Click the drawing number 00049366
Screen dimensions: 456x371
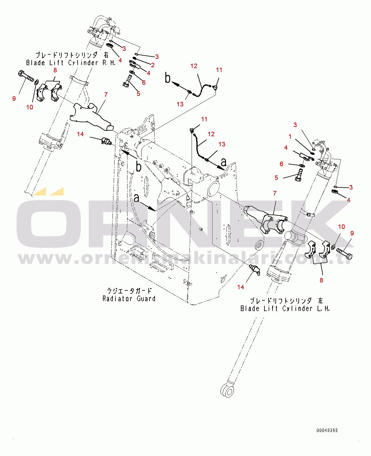coord(327,430)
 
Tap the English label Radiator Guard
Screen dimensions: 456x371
coord(129,299)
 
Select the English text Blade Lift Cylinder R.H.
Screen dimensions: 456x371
coord(71,63)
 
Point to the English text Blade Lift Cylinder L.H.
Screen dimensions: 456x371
coord(285,308)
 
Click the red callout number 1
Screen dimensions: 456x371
coord(290,137)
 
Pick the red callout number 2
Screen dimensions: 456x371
coord(153,65)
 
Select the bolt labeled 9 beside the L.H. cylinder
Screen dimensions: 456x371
coord(345,254)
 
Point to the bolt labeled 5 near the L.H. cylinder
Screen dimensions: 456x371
coord(299,175)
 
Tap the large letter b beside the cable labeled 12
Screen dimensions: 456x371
coord(168,78)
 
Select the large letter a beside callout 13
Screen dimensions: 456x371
coord(223,162)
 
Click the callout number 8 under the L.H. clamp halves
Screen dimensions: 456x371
coord(321,280)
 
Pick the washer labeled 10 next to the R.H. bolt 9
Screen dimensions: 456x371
coord(37,82)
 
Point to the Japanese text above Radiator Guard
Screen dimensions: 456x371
coord(129,291)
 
